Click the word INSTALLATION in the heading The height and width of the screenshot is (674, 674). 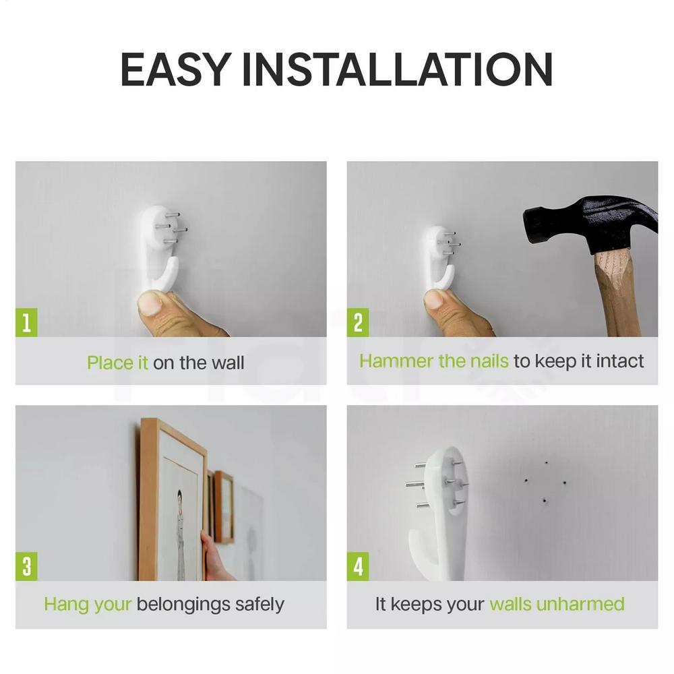point(398,69)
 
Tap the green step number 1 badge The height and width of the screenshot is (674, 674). point(26,322)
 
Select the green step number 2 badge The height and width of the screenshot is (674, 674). point(358,322)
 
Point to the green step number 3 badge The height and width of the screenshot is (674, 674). point(26,567)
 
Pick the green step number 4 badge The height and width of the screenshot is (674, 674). point(358,567)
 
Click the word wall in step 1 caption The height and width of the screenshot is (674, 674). point(228,363)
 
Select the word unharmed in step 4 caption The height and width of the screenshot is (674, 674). point(580,605)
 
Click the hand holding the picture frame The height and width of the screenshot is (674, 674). point(214,557)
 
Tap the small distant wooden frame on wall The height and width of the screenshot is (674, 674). point(224,508)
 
